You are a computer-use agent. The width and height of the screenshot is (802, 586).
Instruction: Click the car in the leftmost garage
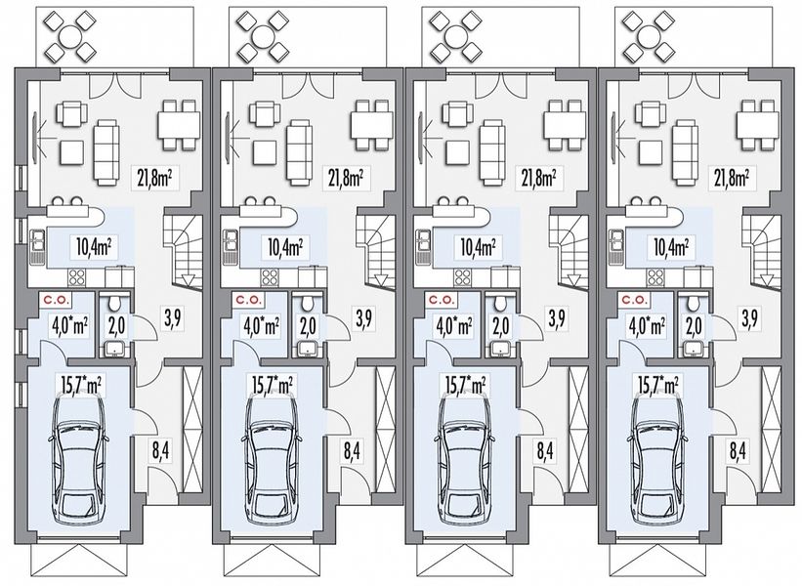point(79,459)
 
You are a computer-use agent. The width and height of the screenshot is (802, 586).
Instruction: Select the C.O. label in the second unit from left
point(248,299)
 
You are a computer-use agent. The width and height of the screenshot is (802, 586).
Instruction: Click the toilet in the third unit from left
point(501,304)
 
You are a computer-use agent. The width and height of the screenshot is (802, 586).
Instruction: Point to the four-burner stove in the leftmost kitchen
point(77,277)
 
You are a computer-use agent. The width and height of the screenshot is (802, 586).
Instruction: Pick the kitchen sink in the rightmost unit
point(615,247)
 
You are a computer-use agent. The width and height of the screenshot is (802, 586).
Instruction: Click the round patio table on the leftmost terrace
point(70,36)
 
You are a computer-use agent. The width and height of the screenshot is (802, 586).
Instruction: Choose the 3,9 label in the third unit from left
point(557,318)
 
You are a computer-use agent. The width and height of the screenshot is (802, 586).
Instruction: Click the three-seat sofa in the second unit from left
point(299,152)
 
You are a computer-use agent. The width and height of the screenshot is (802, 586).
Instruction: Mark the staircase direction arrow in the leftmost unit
point(189,280)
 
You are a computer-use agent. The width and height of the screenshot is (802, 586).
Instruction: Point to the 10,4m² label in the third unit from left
point(482,247)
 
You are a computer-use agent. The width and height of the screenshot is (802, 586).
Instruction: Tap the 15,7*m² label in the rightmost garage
point(657,385)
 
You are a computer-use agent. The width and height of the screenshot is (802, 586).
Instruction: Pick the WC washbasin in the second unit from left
point(307,350)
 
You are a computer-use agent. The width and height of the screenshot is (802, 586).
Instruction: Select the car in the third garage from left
point(465,459)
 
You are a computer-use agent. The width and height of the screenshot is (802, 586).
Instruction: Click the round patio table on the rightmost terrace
point(648,36)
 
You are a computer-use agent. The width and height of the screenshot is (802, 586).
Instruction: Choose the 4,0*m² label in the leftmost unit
point(70,326)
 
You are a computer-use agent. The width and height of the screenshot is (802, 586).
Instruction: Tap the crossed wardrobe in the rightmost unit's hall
point(771,430)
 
